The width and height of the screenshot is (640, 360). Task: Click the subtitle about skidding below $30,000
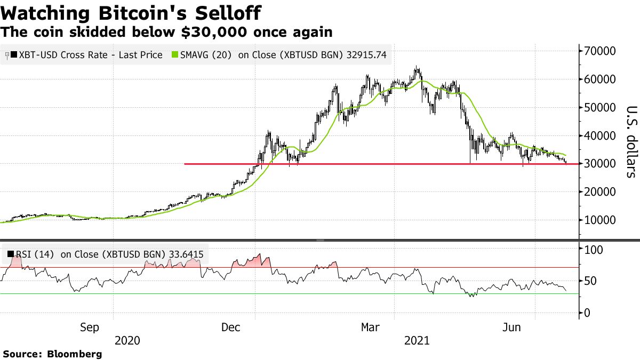click(x=166, y=32)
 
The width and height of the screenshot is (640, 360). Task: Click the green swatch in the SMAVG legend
click(x=174, y=55)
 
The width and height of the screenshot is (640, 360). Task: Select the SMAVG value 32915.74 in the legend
click(x=362, y=55)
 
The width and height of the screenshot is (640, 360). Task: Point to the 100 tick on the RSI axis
click(x=595, y=250)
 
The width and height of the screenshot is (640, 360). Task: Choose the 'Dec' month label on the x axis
click(x=233, y=327)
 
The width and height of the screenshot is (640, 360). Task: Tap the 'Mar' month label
click(x=372, y=327)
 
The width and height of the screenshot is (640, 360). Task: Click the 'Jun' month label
click(x=512, y=327)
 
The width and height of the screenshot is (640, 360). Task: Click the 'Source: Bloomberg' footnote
click(x=52, y=354)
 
